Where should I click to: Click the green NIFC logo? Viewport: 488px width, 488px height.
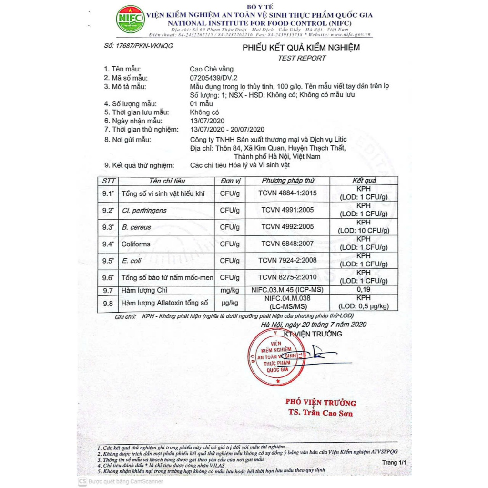[x=131, y=20]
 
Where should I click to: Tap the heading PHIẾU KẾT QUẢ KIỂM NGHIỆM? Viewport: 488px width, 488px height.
[x=301, y=48]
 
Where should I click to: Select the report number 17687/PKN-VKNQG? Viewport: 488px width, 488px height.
[x=138, y=46]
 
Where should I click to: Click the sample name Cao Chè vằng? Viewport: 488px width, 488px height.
[x=212, y=69]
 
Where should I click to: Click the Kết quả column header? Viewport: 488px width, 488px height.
[x=364, y=181]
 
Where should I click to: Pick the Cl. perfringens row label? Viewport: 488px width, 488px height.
[x=144, y=210]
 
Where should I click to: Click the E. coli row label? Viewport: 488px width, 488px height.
[x=131, y=261]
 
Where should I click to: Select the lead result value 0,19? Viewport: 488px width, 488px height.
[x=364, y=289]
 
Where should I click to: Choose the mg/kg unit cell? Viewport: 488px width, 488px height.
[x=230, y=290]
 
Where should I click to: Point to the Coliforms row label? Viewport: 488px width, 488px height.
[x=136, y=244]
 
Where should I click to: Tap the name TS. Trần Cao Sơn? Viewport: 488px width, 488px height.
[x=320, y=412]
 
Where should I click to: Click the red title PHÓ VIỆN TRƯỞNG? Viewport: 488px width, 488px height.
[x=320, y=403]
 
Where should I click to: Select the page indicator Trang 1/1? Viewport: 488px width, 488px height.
[x=395, y=462]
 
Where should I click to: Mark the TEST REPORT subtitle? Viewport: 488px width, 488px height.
[x=302, y=58]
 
